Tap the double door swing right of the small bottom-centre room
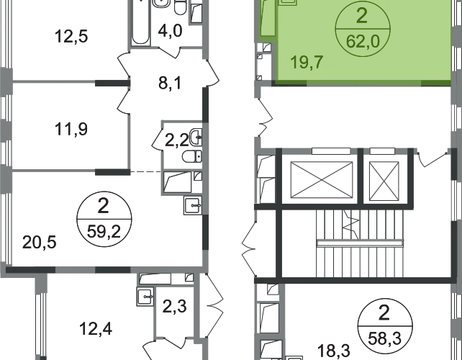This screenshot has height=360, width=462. click(213, 302)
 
